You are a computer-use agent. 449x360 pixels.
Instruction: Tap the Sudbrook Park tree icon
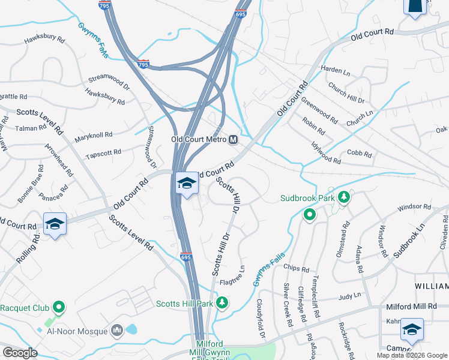tap(343, 196)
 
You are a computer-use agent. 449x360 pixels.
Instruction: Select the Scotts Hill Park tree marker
tap(223, 303)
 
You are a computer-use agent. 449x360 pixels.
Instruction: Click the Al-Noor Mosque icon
tap(116, 331)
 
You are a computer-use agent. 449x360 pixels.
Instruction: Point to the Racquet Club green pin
tap(59, 308)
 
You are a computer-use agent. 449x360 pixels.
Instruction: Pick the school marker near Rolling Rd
tap(55, 224)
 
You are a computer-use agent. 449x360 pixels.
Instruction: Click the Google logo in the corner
tap(20, 353)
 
